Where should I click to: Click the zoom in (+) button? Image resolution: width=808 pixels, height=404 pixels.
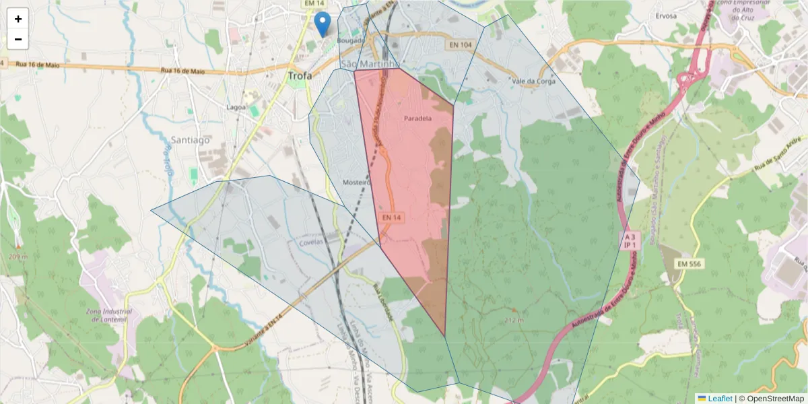pyautogui.click(x=18, y=19)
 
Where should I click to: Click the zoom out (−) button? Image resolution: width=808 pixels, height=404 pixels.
pyautogui.click(x=18, y=39)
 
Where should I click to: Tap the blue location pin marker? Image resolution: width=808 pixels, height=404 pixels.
pyautogui.click(x=323, y=24)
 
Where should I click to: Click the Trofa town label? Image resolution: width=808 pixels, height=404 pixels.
pyautogui.click(x=300, y=76)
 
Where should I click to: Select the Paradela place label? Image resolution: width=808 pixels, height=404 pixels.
pyautogui.click(x=417, y=119)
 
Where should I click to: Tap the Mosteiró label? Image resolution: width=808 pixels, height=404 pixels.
pyautogui.click(x=357, y=182)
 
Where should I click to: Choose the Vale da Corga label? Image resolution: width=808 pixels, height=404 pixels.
pyautogui.click(x=533, y=81)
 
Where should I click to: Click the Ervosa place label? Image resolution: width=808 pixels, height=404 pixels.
pyautogui.click(x=665, y=15)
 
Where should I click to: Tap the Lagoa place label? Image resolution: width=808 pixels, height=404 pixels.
pyautogui.click(x=236, y=107)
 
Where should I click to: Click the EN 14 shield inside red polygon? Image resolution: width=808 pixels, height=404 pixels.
pyautogui.click(x=391, y=217)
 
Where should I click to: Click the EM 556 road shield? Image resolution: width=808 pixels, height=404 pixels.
pyautogui.click(x=685, y=264)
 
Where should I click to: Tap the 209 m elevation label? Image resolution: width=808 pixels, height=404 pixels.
pyautogui.click(x=19, y=257)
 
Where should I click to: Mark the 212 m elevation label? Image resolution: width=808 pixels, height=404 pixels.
pyautogui.click(x=513, y=320)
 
